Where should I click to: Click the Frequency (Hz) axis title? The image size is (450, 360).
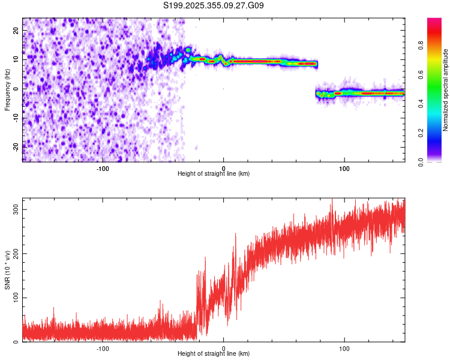[x=7, y=89]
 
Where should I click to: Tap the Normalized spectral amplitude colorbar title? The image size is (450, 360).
[x=446, y=89]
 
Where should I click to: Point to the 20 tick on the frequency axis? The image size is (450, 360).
[x=17, y=31]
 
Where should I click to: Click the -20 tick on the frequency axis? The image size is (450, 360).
[x=16, y=146]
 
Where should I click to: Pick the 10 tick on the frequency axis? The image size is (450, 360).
[x=17, y=60]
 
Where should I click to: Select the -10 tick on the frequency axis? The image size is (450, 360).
[x=16, y=118]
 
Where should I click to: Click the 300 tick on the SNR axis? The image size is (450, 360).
[x=14, y=209]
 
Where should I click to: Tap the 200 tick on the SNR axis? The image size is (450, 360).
[x=14, y=253]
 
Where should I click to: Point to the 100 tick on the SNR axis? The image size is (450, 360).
[x=14, y=298]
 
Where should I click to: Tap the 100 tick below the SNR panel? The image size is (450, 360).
[x=344, y=349]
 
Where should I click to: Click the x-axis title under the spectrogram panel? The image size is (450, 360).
[x=214, y=174]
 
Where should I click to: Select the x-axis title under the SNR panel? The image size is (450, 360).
[x=214, y=354]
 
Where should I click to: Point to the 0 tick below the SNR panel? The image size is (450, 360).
[x=224, y=349]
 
